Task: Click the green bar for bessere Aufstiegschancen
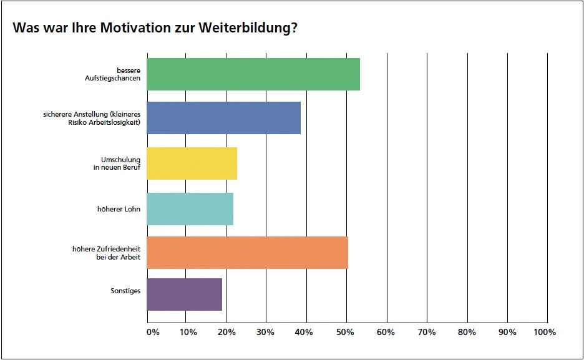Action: [253, 74]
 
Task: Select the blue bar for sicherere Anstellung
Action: [223, 118]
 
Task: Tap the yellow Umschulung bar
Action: [192, 163]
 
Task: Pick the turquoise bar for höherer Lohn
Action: [190, 208]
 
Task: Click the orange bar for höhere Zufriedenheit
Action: [247, 253]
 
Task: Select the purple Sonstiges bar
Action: [184, 294]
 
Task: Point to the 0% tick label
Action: [153, 332]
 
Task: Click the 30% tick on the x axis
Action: [266, 332]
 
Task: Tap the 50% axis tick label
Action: [346, 332]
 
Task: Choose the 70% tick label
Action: [426, 332]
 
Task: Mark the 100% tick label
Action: [545, 332]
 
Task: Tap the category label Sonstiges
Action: [125, 291]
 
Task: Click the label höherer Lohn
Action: [119, 208]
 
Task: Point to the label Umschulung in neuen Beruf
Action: [120, 163]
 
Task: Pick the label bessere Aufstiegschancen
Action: [113, 74]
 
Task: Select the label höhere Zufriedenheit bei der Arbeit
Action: [106, 253]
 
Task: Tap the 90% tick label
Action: [507, 332]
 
